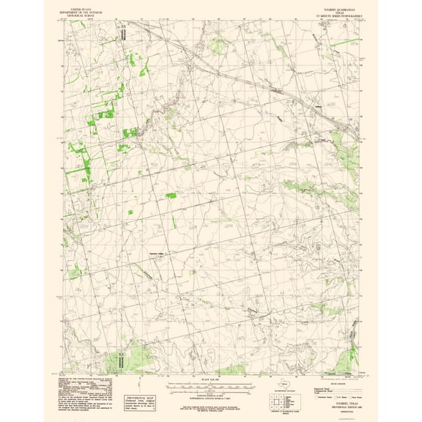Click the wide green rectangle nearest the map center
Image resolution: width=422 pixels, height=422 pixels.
pyautogui.click(x=171, y=196)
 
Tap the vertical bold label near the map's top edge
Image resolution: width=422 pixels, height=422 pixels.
pyautogui.click(x=124, y=33)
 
